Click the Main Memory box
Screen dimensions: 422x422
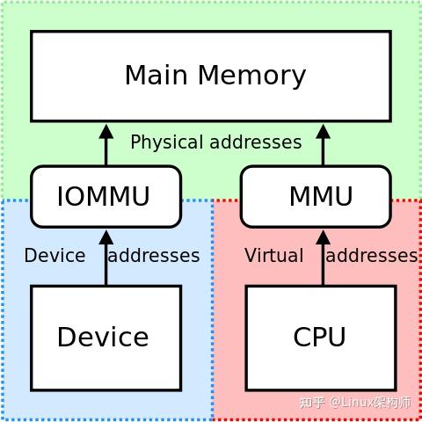(211, 76)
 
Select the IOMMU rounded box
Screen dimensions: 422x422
(105, 196)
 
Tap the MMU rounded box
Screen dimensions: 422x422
(316, 196)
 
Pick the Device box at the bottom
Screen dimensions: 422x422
(105, 338)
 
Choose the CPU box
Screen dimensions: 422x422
(320, 338)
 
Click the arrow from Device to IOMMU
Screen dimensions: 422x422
(106, 260)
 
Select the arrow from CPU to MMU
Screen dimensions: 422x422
(323, 260)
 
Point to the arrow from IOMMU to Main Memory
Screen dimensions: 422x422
(106, 146)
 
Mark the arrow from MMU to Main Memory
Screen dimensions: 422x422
(323, 146)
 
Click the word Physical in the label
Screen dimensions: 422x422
(164, 142)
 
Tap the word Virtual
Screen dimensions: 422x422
(273, 256)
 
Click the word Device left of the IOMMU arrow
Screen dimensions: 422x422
(55, 256)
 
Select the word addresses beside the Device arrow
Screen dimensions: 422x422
(153, 256)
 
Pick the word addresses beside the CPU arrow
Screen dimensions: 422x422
(371, 256)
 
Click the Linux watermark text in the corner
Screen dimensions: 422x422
(355, 403)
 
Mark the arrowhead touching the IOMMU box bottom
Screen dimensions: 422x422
(106, 237)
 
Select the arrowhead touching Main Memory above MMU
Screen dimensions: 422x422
(323, 132)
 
